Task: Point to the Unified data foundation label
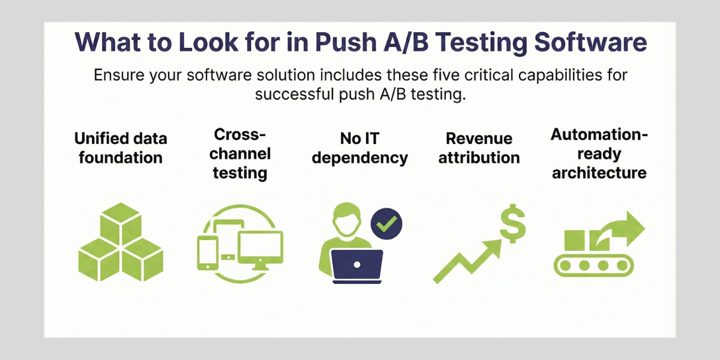(121, 148)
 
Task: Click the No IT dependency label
(360, 148)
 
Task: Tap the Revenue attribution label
(479, 148)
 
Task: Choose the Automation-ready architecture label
(599, 154)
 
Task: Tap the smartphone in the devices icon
(207, 253)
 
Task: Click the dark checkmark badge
(386, 224)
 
